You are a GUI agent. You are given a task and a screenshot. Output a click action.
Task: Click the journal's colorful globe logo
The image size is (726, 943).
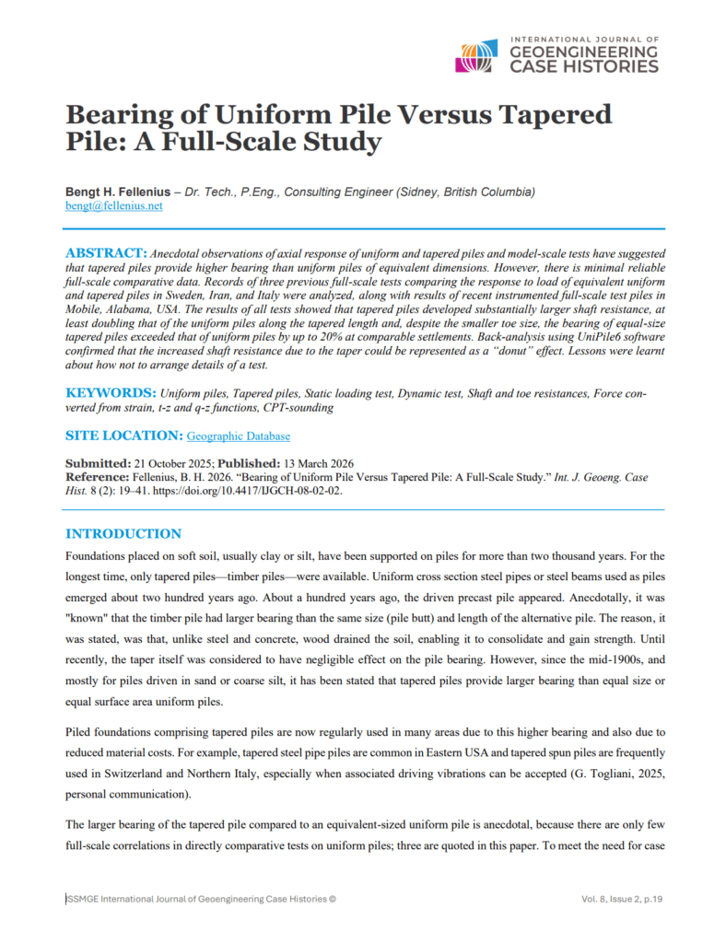[x=478, y=56]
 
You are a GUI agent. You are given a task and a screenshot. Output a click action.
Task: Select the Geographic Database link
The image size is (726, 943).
[x=238, y=435]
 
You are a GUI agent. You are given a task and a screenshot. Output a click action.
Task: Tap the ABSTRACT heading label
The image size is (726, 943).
[x=106, y=251]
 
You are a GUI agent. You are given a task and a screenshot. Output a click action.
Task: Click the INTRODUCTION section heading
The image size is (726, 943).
[x=123, y=533]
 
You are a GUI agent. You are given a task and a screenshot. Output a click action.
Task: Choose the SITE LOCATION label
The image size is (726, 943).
[x=123, y=435]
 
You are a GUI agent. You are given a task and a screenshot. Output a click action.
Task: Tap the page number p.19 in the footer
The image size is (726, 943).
[x=650, y=898]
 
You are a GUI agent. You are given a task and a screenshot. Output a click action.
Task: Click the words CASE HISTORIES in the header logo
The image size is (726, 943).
[x=584, y=66]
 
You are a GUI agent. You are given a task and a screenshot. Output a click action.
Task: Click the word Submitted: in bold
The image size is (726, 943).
[x=98, y=462]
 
